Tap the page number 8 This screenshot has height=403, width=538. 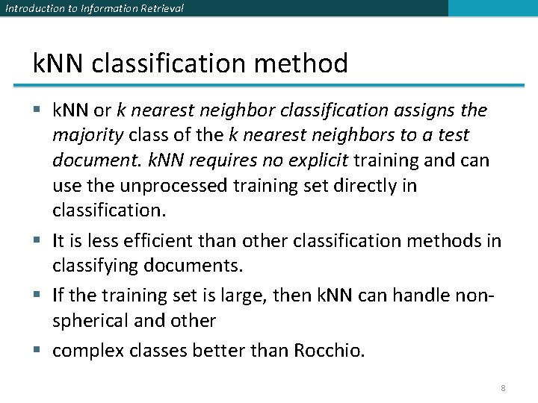(x=504, y=388)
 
